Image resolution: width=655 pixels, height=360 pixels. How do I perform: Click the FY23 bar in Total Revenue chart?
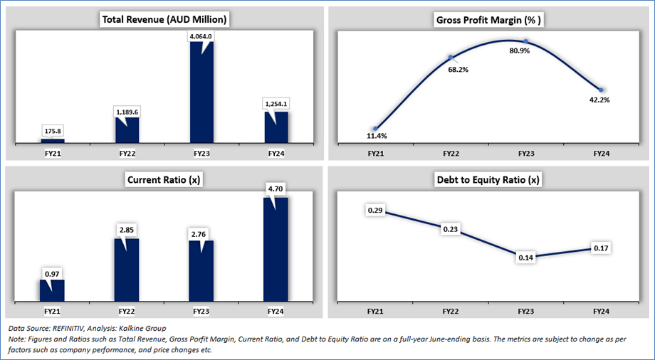[x=201, y=96]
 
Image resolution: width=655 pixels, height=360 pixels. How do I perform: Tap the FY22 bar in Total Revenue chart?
[x=127, y=129]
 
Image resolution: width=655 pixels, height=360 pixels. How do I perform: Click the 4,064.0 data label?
[x=201, y=36]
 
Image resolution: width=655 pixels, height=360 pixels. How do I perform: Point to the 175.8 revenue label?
[x=52, y=130]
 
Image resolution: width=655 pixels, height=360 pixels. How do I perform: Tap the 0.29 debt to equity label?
[x=374, y=210]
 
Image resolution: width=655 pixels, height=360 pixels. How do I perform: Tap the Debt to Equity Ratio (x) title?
[x=489, y=179]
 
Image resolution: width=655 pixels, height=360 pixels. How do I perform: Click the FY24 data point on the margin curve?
[x=602, y=90]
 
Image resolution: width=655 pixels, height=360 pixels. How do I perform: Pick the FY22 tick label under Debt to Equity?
[x=451, y=312]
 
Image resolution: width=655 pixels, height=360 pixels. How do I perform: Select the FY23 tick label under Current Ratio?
[x=201, y=312]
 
